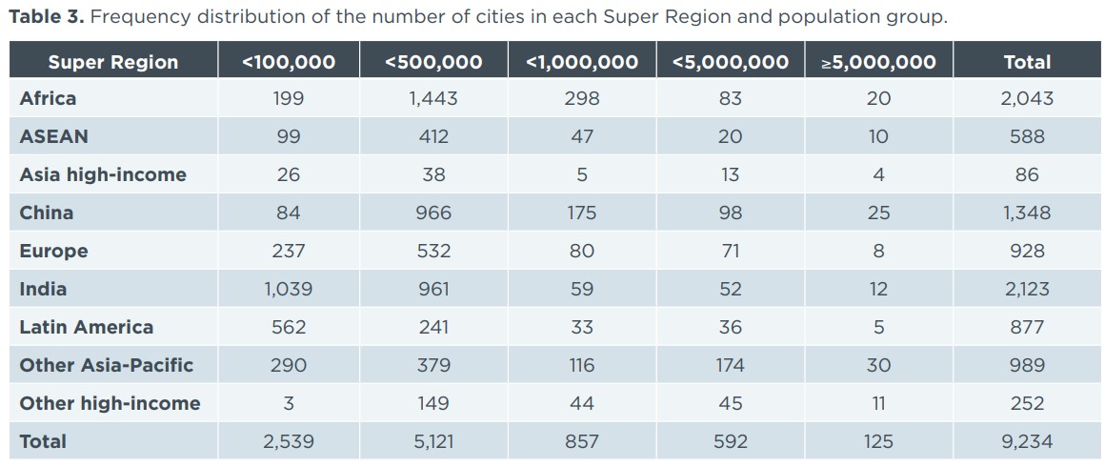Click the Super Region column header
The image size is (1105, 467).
coord(112,62)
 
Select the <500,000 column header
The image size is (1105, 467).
coord(433,62)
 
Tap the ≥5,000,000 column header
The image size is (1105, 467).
coord(878,62)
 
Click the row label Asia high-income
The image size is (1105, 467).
coord(103,174)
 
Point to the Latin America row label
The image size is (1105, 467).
coord(86,327)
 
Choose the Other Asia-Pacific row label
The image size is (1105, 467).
coord(106,365)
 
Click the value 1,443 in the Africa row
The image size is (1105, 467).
coord(433,98)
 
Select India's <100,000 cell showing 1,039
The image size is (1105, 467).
coord(288,289)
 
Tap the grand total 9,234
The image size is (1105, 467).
coord(1027,441)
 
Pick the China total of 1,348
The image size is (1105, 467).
coord(1027,213)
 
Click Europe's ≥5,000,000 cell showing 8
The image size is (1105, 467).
coord(878,251)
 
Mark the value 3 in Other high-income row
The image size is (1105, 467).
coord(288,403)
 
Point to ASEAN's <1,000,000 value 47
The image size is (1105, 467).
coord(581,136)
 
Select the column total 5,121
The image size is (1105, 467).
coord(433,441)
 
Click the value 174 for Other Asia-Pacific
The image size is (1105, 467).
coord(731,365)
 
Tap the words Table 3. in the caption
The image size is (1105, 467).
coord(46,17)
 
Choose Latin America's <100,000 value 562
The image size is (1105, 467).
coord(288,327)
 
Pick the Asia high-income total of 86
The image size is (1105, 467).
coord(1027,174)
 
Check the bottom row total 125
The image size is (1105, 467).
coord(878,441)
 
